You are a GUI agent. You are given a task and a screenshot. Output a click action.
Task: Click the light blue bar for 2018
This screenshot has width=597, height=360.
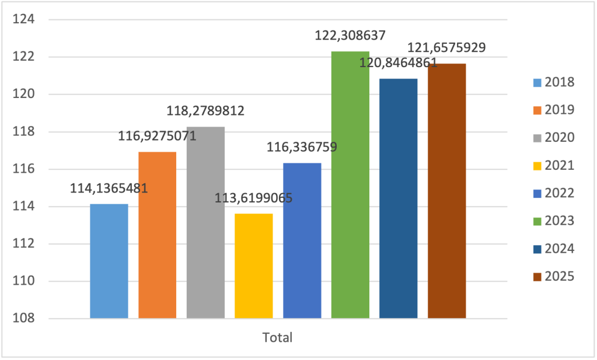[x=109, y=261]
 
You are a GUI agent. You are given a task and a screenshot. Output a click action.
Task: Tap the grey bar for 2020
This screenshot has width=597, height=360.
[x=205, y=222]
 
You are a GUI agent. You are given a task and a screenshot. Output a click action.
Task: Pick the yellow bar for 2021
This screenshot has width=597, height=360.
[x=254, y=266]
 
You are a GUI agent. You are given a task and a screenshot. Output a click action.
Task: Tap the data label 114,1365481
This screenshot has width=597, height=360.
[x=109, y=188]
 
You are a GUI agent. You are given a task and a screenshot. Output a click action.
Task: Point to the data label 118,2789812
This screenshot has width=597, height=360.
[x=205, y=110]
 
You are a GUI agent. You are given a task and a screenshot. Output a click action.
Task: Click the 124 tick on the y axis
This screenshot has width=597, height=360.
[x=25, y=20]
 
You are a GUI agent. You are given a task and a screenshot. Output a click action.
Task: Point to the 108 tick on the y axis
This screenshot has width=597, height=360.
[x=25, y=319]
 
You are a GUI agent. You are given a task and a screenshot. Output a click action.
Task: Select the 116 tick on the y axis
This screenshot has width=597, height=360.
[x=25, y=169]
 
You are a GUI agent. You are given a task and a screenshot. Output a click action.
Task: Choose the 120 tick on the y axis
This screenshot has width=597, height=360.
[x=25, y=95]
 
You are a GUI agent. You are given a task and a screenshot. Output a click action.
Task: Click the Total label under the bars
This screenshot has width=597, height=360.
[x=277, y=338]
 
